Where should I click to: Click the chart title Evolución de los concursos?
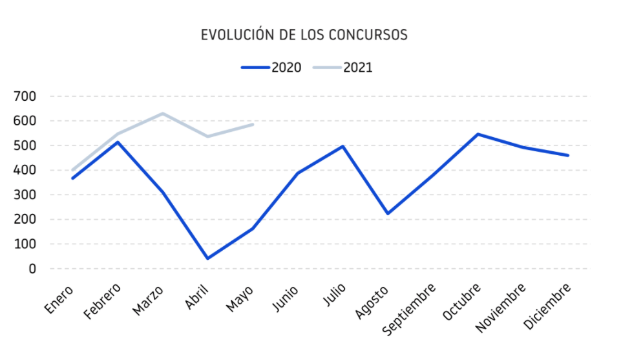[304, 35]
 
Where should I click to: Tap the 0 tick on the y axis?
[31, 269]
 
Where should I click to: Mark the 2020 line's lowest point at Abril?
[207, 259]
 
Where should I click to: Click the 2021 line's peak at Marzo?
[162, 114]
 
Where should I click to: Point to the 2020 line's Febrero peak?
[117, 142]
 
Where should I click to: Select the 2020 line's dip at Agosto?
[388, 213]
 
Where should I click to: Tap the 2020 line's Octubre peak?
[478, 134]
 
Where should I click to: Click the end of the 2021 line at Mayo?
[252, 124]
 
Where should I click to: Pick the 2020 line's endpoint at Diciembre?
[568, 155]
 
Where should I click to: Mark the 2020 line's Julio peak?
[343, 146]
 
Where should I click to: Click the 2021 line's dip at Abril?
[207, 136]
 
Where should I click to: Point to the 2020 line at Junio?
[297, 173]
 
